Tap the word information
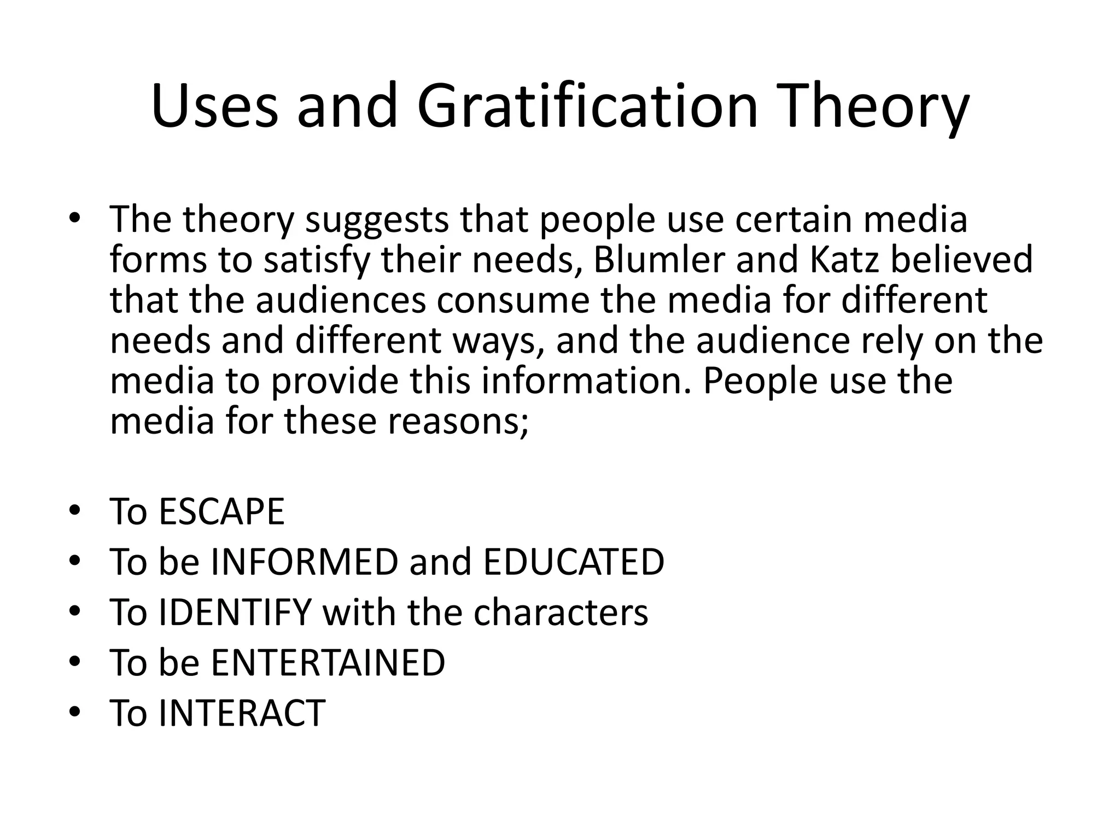coord(582,381)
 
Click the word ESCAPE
coord(221,512)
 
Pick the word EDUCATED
coord(574,562)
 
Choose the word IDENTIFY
coord(235,612)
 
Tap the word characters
coord(561,612)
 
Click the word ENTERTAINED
coord(328,663)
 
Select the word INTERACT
coord(242,713)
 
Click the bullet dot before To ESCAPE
coord(75,511)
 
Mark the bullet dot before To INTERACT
coord(75,712)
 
